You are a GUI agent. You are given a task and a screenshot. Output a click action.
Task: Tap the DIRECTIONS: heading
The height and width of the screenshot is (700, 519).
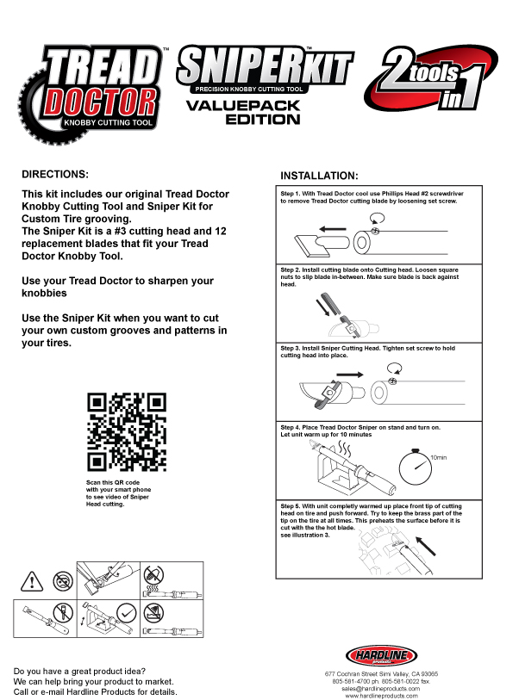55,173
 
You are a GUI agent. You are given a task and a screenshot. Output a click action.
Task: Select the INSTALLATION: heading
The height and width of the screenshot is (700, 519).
319,176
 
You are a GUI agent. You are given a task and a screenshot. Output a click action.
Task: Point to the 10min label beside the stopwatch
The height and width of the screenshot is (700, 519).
440,457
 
